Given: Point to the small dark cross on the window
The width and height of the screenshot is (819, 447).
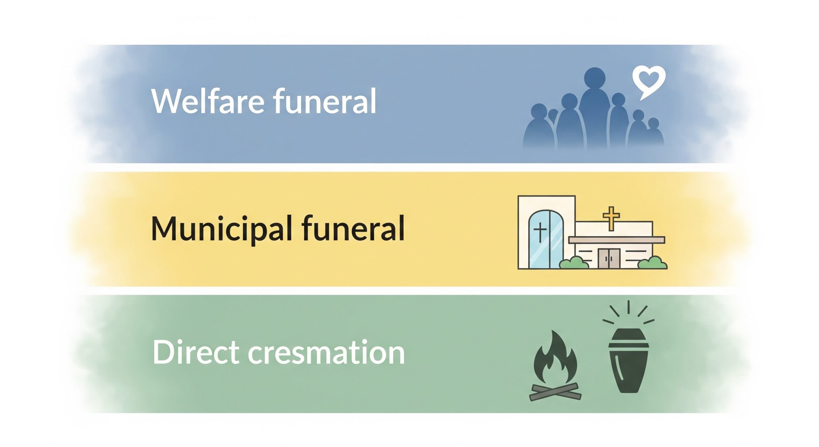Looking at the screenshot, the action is [540, 232].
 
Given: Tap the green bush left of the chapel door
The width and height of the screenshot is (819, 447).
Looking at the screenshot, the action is [574, 263].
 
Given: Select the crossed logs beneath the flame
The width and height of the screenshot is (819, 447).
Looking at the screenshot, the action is [555, 391].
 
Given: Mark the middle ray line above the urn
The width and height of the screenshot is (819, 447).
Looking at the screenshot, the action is [629, 308].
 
